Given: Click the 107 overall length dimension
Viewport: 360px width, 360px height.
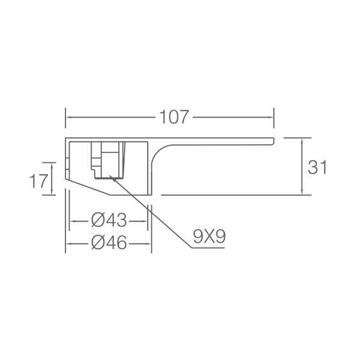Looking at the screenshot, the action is tap(174, 117).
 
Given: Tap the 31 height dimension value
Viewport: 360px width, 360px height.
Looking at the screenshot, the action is tap(317, 167).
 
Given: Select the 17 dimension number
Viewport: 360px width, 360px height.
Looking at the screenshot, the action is tap(39, 181).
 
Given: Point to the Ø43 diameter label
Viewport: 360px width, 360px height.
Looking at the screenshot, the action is tap(109, 220).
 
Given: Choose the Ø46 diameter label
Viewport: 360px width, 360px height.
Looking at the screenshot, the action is tap(109, 242).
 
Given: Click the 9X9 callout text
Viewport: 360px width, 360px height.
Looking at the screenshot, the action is tap(209, 236).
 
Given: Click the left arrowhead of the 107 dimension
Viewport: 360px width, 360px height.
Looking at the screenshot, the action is tap(67, 117).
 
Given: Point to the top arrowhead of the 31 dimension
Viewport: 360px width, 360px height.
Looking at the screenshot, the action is tap(302, 139).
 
